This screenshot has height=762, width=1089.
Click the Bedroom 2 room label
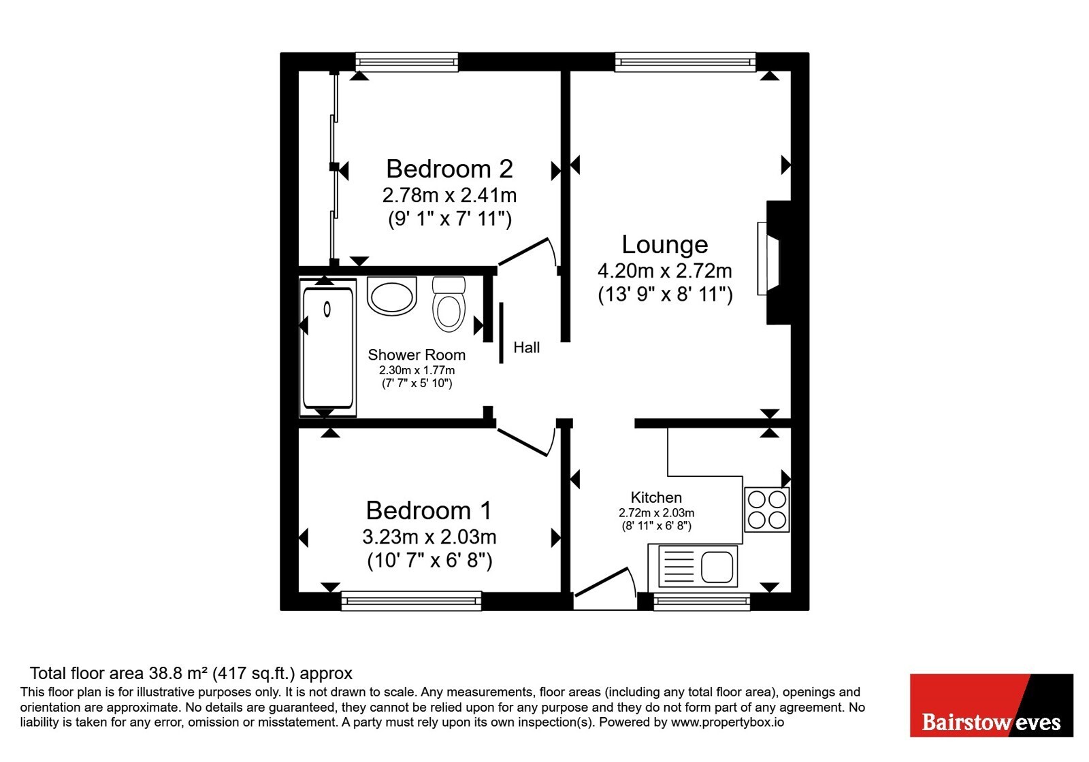coord(449,169)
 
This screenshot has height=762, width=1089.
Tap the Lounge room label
coord(664,244)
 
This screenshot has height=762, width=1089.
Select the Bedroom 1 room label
coord(429,511)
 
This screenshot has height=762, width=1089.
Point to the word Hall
coord(527,348)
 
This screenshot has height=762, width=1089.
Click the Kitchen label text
coord(656,497)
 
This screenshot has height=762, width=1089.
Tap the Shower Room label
coord(417,354)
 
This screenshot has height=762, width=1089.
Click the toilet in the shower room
coord(449,304)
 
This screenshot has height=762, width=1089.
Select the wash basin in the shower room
coord(392,295)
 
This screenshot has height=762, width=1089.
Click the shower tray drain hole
coord(327,309)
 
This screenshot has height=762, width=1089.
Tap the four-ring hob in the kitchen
coord(767,510)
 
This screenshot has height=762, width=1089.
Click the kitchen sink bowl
coord(717,567)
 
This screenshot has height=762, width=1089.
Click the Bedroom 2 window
coord(406,62)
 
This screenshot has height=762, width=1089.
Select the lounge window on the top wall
coord(685,62)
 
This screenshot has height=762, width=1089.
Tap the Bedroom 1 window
coord(411,601)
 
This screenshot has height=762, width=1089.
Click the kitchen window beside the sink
coord(702,601)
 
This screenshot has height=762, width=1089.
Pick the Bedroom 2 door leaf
coord(523,252)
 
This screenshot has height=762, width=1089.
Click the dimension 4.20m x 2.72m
coord(664,271)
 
